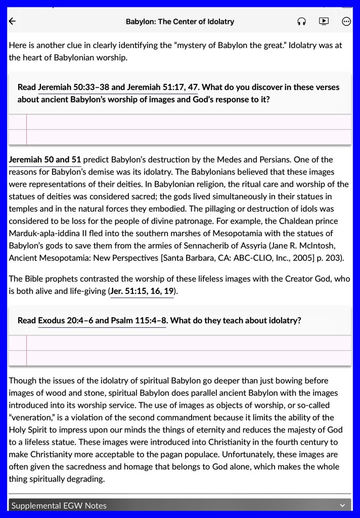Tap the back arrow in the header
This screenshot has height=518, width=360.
coord(13,21)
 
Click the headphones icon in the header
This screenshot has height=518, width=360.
coord(302,21)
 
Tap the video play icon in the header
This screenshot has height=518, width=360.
coord(324,21)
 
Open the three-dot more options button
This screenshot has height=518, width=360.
coord(346,21)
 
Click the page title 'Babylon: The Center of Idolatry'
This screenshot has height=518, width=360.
coord(180,21)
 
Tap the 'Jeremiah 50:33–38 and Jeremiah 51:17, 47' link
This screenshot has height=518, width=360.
coord(118,87)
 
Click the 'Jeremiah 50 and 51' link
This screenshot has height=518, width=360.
coord(45,159)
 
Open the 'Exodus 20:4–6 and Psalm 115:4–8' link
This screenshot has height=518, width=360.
coord(102,320)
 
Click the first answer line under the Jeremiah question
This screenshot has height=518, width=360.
coord(188,122)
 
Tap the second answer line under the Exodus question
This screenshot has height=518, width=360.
coord(188,358)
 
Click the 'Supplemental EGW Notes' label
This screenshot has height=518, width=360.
coord(59,505)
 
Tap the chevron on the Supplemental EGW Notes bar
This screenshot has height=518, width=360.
coord(342,505)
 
